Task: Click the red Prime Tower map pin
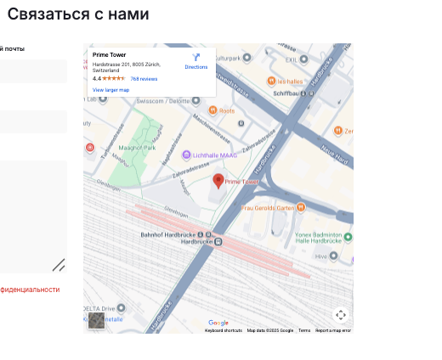tap(218, 180)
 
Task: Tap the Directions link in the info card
tap(195, 61)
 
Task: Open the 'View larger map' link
tap(110, 89)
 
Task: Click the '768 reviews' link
tap(144, 78)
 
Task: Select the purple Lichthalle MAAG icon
tap(186, 155)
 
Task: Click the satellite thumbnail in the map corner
tap(98, 320)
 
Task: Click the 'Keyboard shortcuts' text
tap(224, 330)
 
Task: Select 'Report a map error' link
tap(333, 330)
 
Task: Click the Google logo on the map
tap(218, 323)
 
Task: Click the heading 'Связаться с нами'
tap(78, 14)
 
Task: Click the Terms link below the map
tap(304, 330)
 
